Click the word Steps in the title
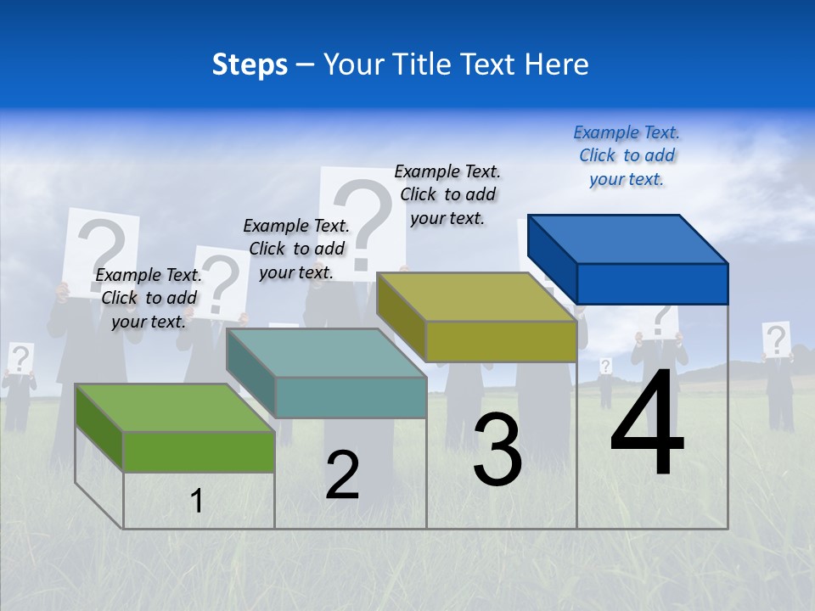pyautogui.click(x=250, y=64)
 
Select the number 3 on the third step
pyautogui.click(x=497, y=449)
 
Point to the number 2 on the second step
pyautogui.click(x=342, y=475)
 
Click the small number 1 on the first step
pyautogui.click(x=197, y=501)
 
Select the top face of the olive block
pyautogui.click(x=475, y=297)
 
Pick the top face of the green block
pyautogui.click(x=174, y=407)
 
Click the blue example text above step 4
pyautogui.click(x=627, y=155)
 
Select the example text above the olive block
pyautogui.click(x=447, y=194)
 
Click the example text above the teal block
pyautogui.click(x=296, y=249)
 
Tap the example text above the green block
pyautogui.click(x=149, y=298)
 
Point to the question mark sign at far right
pyautogui.click(x=775, y=339)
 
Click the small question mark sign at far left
pyautogui.click(x=20, y=358)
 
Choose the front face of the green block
pyautogui.click(x=199, y=451)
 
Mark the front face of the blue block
pyautogui.click(x=652, y=283)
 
